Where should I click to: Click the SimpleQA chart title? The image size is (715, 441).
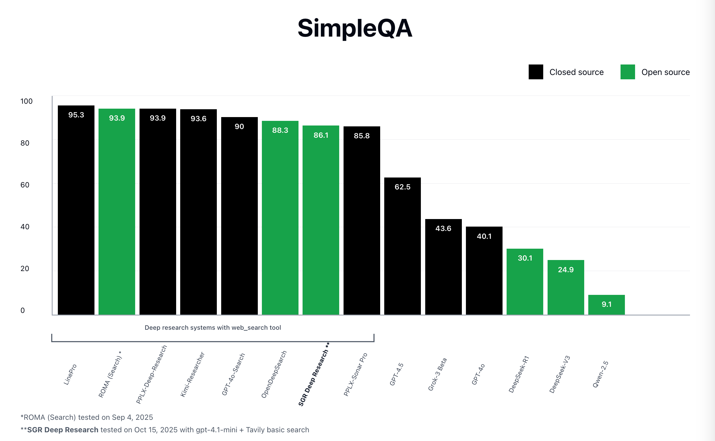click(x=354, y=28)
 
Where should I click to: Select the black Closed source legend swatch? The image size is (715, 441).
click(x=536, y=72)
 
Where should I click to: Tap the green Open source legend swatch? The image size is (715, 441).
click(x=628, y=72)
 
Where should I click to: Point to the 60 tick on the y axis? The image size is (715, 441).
click(x=25, y=185)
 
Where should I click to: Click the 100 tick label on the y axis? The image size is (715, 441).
click(x=26, y=101)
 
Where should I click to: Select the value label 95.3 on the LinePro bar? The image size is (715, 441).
click(x=76, y=115)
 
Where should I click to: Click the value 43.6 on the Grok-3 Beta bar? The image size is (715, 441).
click(x=443, y=228)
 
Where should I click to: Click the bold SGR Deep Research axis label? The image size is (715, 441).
click(x=314, y=375)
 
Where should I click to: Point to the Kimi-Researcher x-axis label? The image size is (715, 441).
click(x=192, y=374)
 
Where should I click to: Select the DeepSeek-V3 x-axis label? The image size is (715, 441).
click(x=560, y=374)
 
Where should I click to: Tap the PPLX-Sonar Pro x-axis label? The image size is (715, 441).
click(x=355, y=374)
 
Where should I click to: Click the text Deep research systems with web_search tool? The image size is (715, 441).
click(x=213, y=327)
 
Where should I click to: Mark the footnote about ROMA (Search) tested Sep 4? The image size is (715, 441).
click(x=87, y=417)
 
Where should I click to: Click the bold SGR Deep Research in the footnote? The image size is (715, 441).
click(x=62, y=430)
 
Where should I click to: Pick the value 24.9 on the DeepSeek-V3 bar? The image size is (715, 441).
click(x=565, y=270)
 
